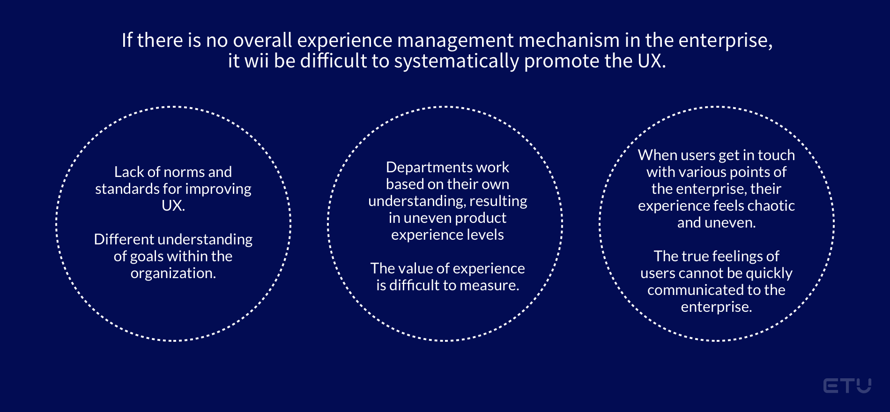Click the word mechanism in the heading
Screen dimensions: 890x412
[x=569, y=40]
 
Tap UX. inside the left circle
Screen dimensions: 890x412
[x=173, y=206]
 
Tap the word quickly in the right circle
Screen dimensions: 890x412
[x=769, y=273]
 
